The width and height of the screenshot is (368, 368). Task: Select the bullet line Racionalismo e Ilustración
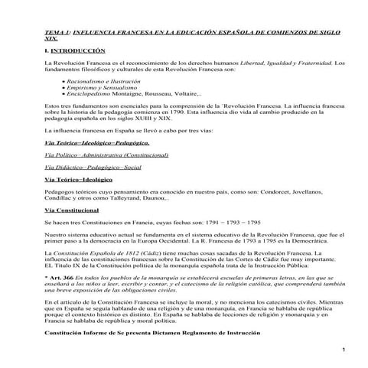click(x=93, y=80)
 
